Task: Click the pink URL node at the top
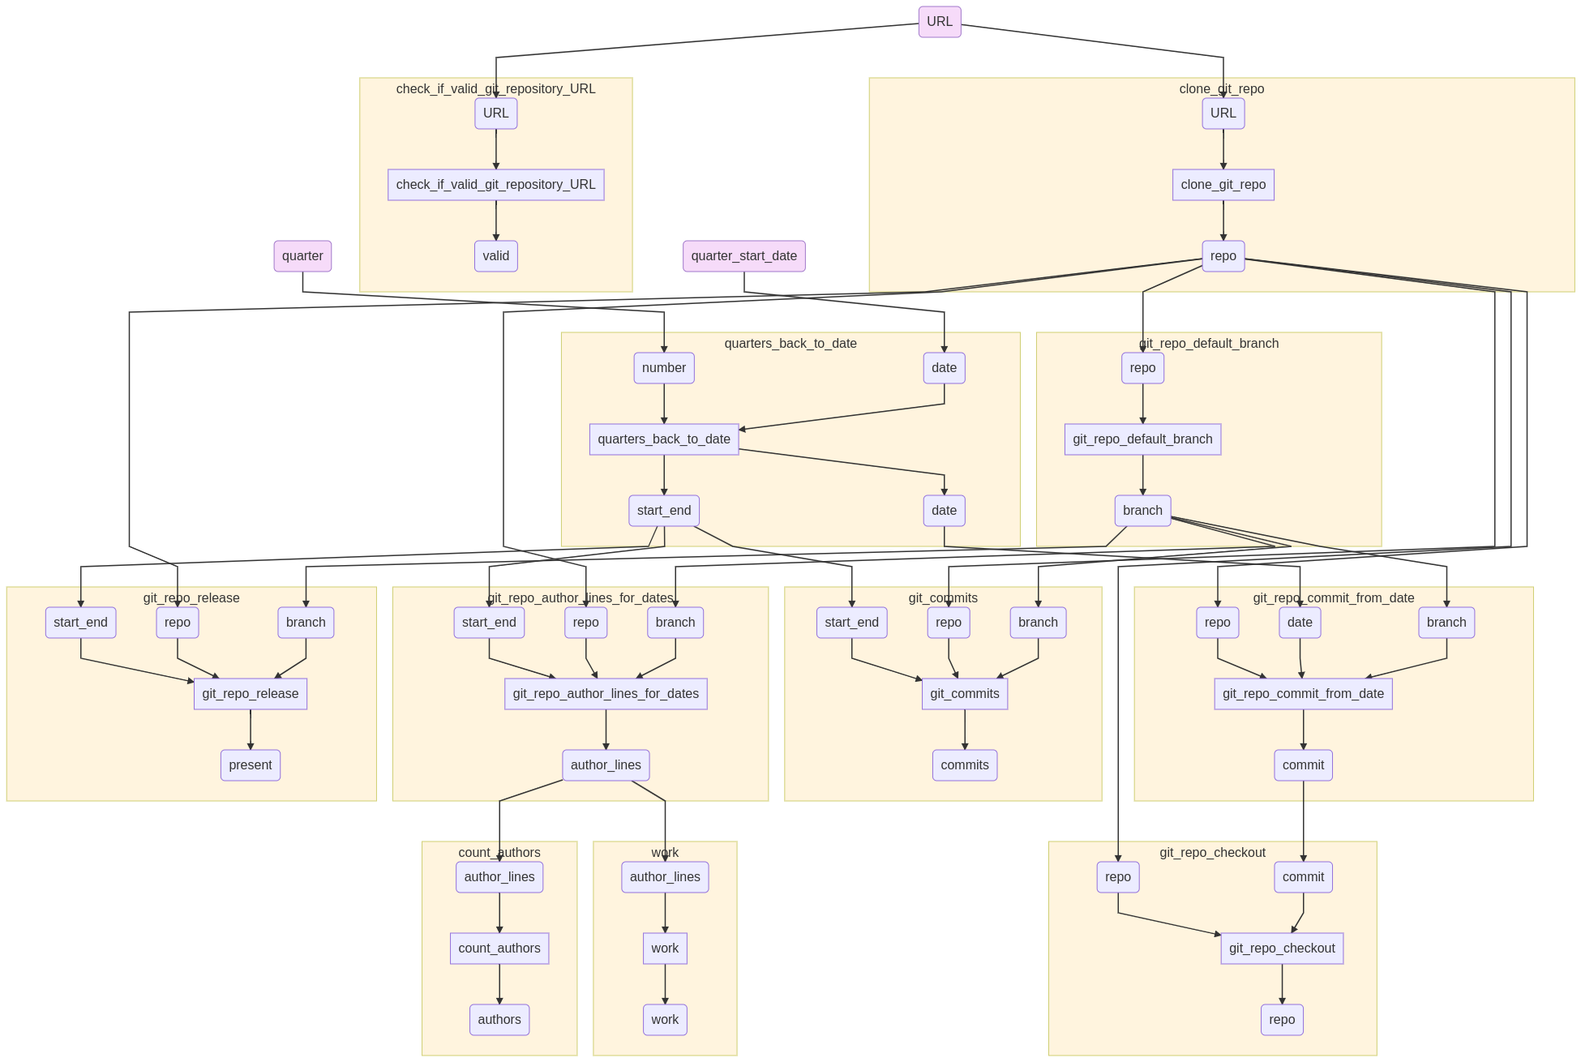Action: [x=940, y=22]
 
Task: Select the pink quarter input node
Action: [x=302, y=256]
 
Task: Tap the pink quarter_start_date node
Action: [x=743, y=256]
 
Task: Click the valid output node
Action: [x=495, y=256]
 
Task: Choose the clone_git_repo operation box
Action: [x=1223, y=185]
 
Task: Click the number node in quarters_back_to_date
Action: [x=663, y=368]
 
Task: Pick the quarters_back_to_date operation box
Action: [x=663, y=439]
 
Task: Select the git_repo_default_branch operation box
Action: [x=1142, y=439]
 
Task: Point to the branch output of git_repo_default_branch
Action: [x=1142, y=511]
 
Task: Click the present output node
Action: [x=250, y=765]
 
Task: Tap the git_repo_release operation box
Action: [x=250, y=694]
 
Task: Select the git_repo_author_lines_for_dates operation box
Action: [x=606, y=694]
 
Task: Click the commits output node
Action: [x=964, y=765]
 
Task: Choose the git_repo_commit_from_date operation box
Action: [x=1303, y=694]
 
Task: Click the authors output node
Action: [x=499, y=1020]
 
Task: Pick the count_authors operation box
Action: [x=499, y=949]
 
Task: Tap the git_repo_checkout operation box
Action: [x=1281, y=949]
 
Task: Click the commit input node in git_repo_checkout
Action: [x=1303, y=877]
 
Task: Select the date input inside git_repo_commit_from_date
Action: [x=1299, y=623]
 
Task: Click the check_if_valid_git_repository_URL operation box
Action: [x=495, y=185]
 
